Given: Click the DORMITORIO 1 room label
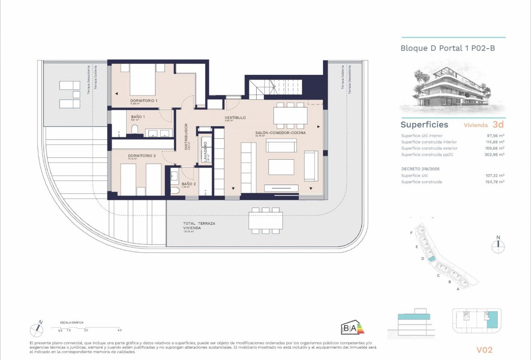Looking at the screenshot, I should (x=144, y=100).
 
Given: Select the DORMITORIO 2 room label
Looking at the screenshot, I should (x=142, y=155).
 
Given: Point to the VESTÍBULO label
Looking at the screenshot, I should (x=235, y=118).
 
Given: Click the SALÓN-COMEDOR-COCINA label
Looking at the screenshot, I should (x=280, y=132).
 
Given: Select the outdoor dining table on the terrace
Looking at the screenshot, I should (x=265, y=220).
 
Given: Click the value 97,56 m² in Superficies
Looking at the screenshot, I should (x=496, y=136).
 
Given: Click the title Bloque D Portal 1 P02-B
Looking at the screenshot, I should (x=447, y=48).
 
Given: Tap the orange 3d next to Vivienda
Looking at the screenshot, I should (x=498, y=125).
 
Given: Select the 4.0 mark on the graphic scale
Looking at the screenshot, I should (x=119, y=330).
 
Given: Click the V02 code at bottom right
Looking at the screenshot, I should (x=484, y=350).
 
